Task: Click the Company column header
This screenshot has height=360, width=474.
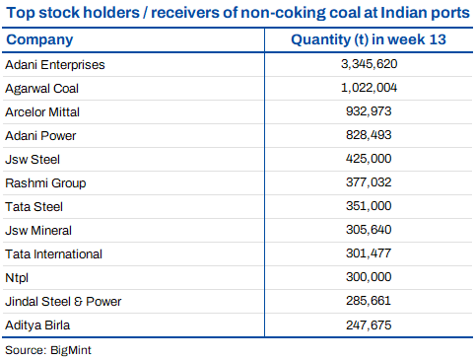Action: pyautogui.click(x=39, y=40)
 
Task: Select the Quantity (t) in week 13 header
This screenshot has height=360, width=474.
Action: pyautogui.click(x=369, y=39)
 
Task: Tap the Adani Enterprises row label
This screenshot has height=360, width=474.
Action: pyautogui.click(x=55, y=65)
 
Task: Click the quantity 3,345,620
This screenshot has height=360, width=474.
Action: pyautogui.click(x=369, y=64)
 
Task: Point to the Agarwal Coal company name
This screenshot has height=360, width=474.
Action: pyautogui.click(x=41, y=89)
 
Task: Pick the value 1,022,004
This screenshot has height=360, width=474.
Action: pyautogui.click(x=369, y=88)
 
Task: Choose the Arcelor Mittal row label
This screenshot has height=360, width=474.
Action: pyautogui.click(x=42, y=112)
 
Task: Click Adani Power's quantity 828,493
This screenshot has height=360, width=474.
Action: pyautogui.click(x=369, y=135)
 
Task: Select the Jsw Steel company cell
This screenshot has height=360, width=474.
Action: pyautogui.click(x=33, y=160)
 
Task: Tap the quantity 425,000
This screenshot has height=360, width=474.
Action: pyautogui.click(x=369, y=159)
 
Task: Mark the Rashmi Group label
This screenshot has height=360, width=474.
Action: pyautogui.click(x=45, y=183)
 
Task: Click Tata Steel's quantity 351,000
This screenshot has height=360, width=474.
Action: pyautogui.click(x=369, y=206)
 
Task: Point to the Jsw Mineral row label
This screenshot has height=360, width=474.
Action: pyautogui.click(x=38, y=231)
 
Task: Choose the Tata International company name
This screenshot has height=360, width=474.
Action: pyautogui.click(x=53, y=254)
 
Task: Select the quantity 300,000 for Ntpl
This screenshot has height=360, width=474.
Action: pyautogui.click(x=369, y=277)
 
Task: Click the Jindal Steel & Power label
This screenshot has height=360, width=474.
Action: pyautogui.click(x=63, y=302)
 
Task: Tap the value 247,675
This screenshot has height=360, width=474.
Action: pyautogui.click(x=369, y=325)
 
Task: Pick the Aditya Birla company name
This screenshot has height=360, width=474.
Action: pyautogui.click(x=37, y=325)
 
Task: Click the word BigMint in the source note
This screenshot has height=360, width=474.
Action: pyautogui.click(x=71, y=350)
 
